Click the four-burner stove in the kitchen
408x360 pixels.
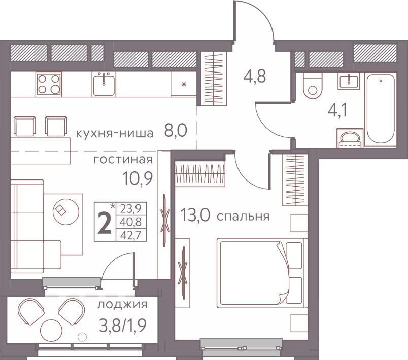pyautogui.click(x=49, y=84)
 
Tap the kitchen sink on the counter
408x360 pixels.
pyautogui.click(x=104, y=84)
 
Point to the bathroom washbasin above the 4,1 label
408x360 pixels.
pyautogui.click(x=349, y=81)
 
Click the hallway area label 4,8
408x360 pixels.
pyautogui.click(x=254, y=77)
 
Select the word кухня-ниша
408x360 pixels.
pyautogui.click(x=115, y=133)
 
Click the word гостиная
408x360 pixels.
pyautogui.click(x=123, y=160)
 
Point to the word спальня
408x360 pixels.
pyautogui.click(x=243, y=217)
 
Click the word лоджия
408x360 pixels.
pyautogui.click(x=122, y=305)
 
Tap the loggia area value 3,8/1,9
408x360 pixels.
pyautogui.click(x=123, y=325)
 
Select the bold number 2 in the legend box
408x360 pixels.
pyautogui.click(x=106, y=223)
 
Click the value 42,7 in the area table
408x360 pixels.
pyautogui.click(x=130, y=235)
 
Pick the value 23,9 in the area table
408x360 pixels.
pyautogui.click(x=130, y=208)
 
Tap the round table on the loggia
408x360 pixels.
pyautogui.click(x=52, y=332)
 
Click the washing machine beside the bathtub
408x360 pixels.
pyautogui.click(x=350, y=137)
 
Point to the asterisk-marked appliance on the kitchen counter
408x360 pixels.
pyautogui.click(x=184, y=84)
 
